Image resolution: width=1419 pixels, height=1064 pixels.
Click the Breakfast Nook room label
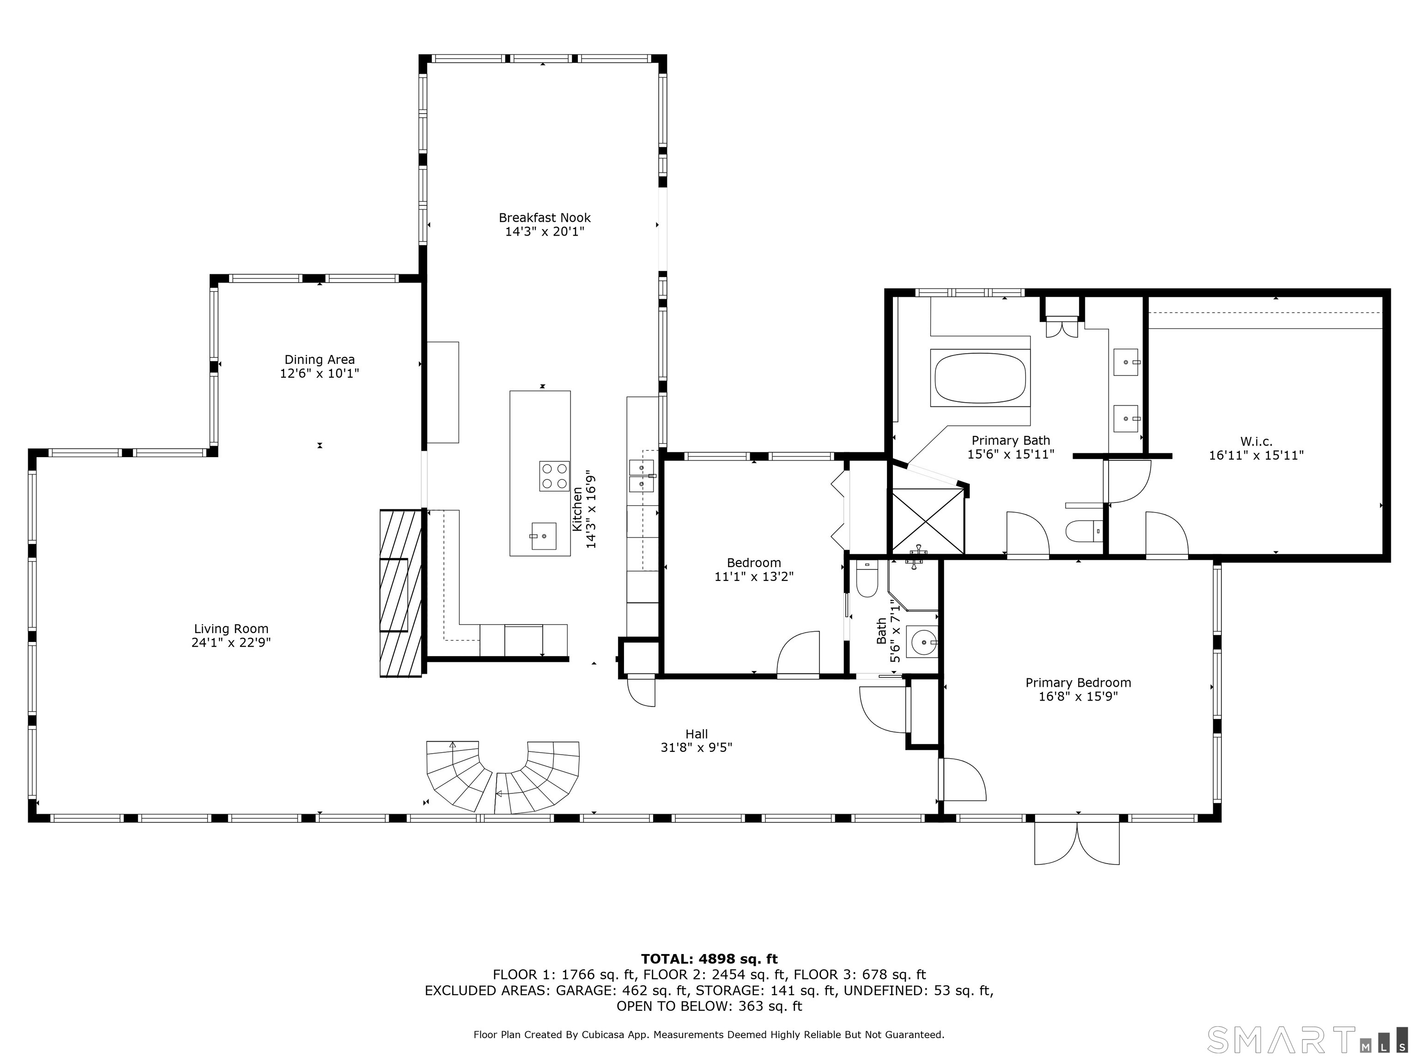point(545,218)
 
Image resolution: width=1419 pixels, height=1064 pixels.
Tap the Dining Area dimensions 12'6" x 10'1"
point(320,373)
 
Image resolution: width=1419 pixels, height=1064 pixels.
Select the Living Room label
point(231,629)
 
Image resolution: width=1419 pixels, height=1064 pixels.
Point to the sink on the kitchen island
point(543,536)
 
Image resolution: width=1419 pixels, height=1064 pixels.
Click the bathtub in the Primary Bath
point(980,378)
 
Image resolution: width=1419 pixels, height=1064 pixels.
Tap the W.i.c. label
point(1256,441)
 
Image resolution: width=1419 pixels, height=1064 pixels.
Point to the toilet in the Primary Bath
point(1083,531)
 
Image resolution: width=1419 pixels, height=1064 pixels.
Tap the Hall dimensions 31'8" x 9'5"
point(696,747)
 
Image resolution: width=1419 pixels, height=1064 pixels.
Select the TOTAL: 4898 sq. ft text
point(709,959)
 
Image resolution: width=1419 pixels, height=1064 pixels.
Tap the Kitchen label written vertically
point(577,509)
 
